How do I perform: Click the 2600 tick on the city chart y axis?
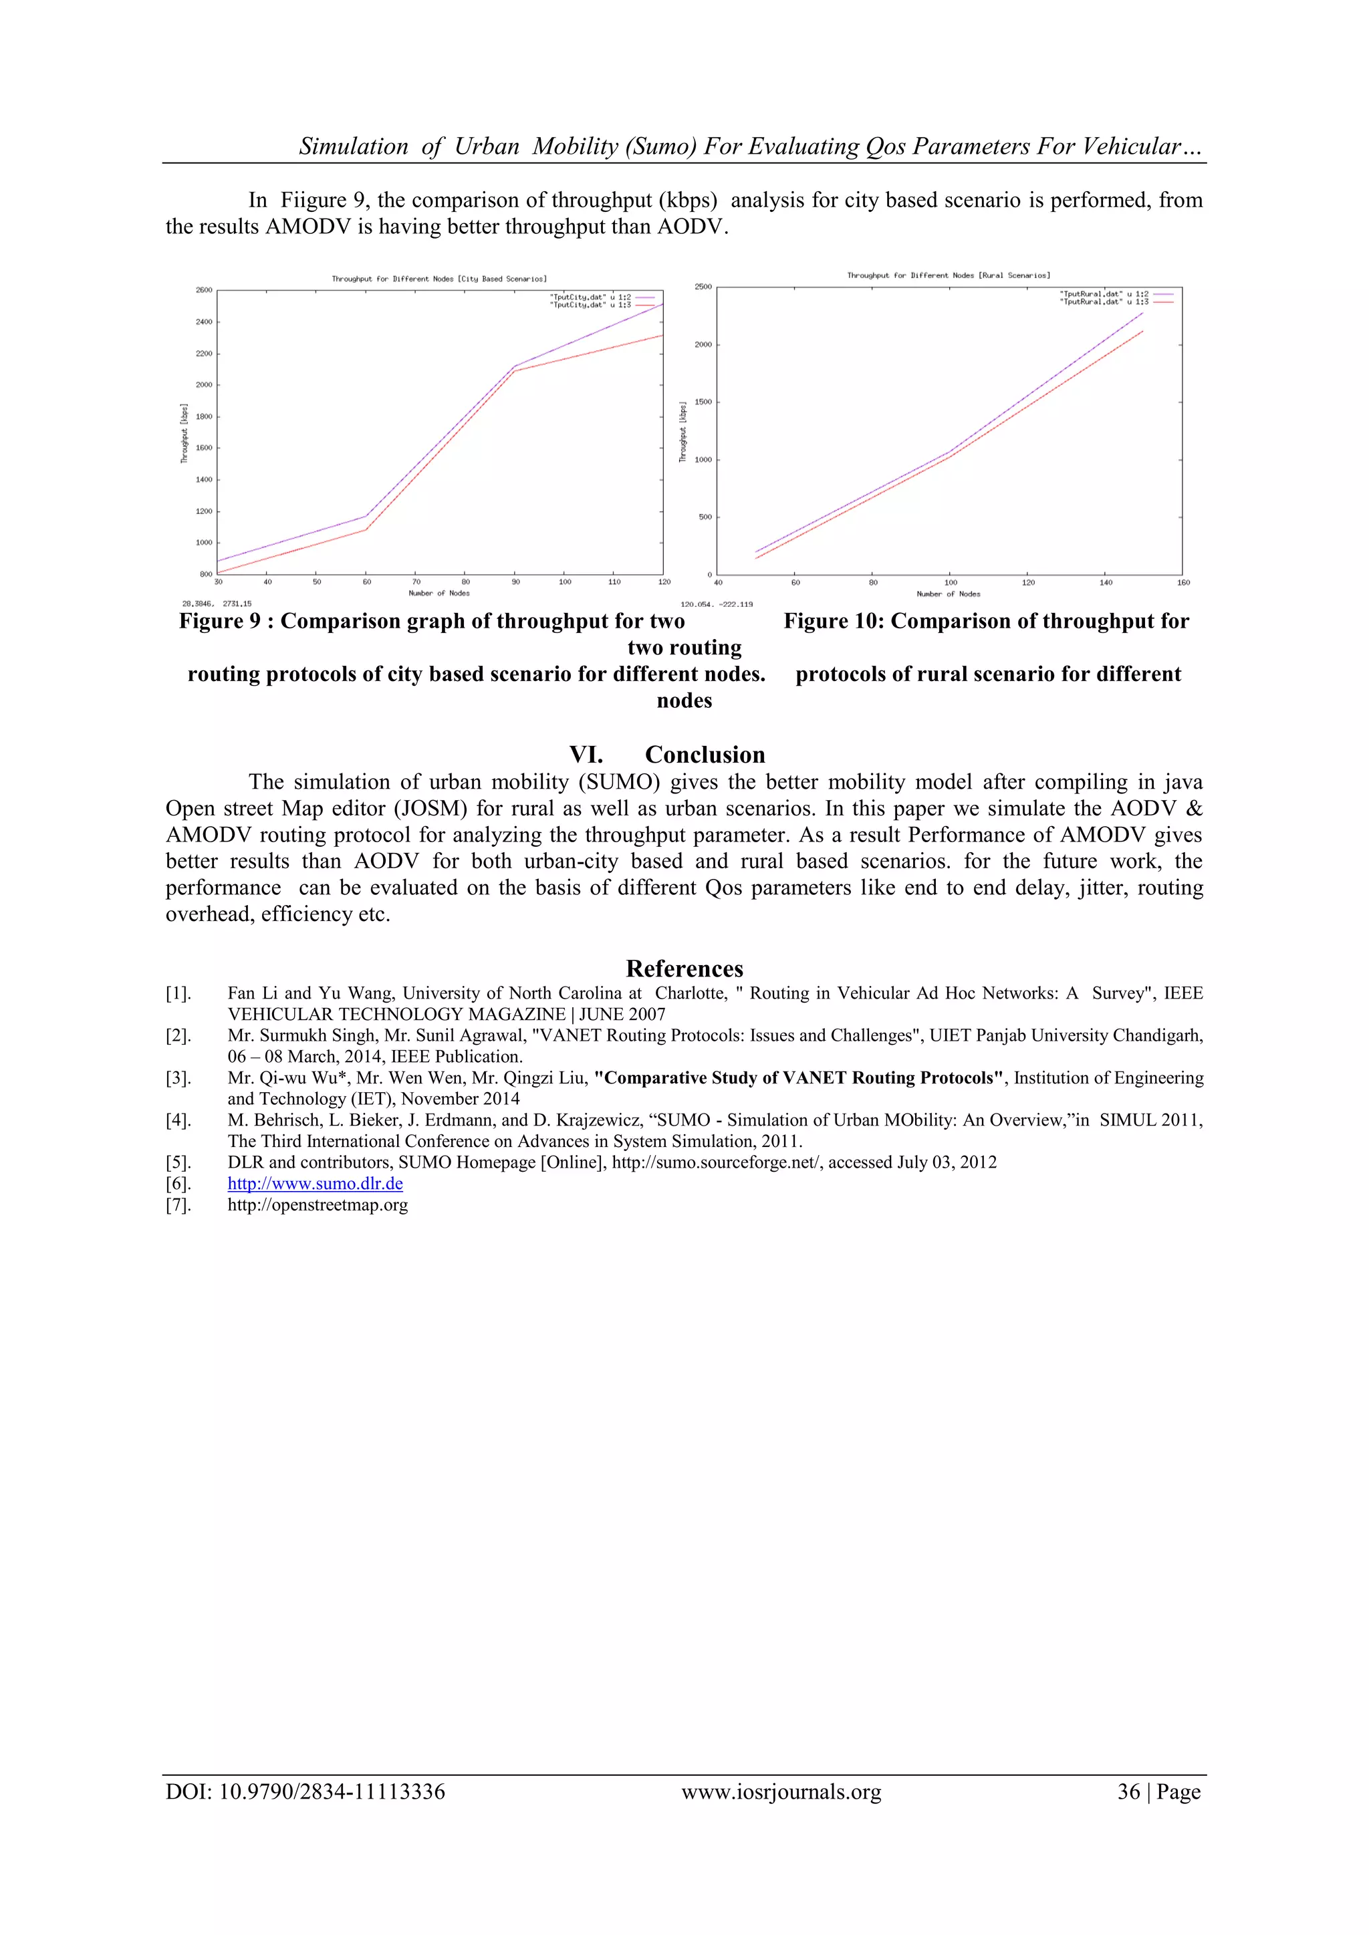point(204,290)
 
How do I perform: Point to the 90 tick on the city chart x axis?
point(515,582)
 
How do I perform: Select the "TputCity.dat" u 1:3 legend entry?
point(590,305)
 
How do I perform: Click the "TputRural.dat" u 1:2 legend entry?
point(1104,294)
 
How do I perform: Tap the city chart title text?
point(439,279)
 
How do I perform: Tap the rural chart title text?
point(949,275)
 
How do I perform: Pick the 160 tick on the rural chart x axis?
point(1183,582)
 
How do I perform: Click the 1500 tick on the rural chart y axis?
point(703,402)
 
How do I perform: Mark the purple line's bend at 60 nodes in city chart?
point(366,516)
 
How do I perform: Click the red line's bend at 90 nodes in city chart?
point(515,371)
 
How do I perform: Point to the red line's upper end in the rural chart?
point(1143,332)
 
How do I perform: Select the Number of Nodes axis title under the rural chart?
point(949,594)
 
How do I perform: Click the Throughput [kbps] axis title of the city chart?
point(184,432)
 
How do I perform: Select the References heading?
point(684,969)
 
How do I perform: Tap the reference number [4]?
point(178,1120)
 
